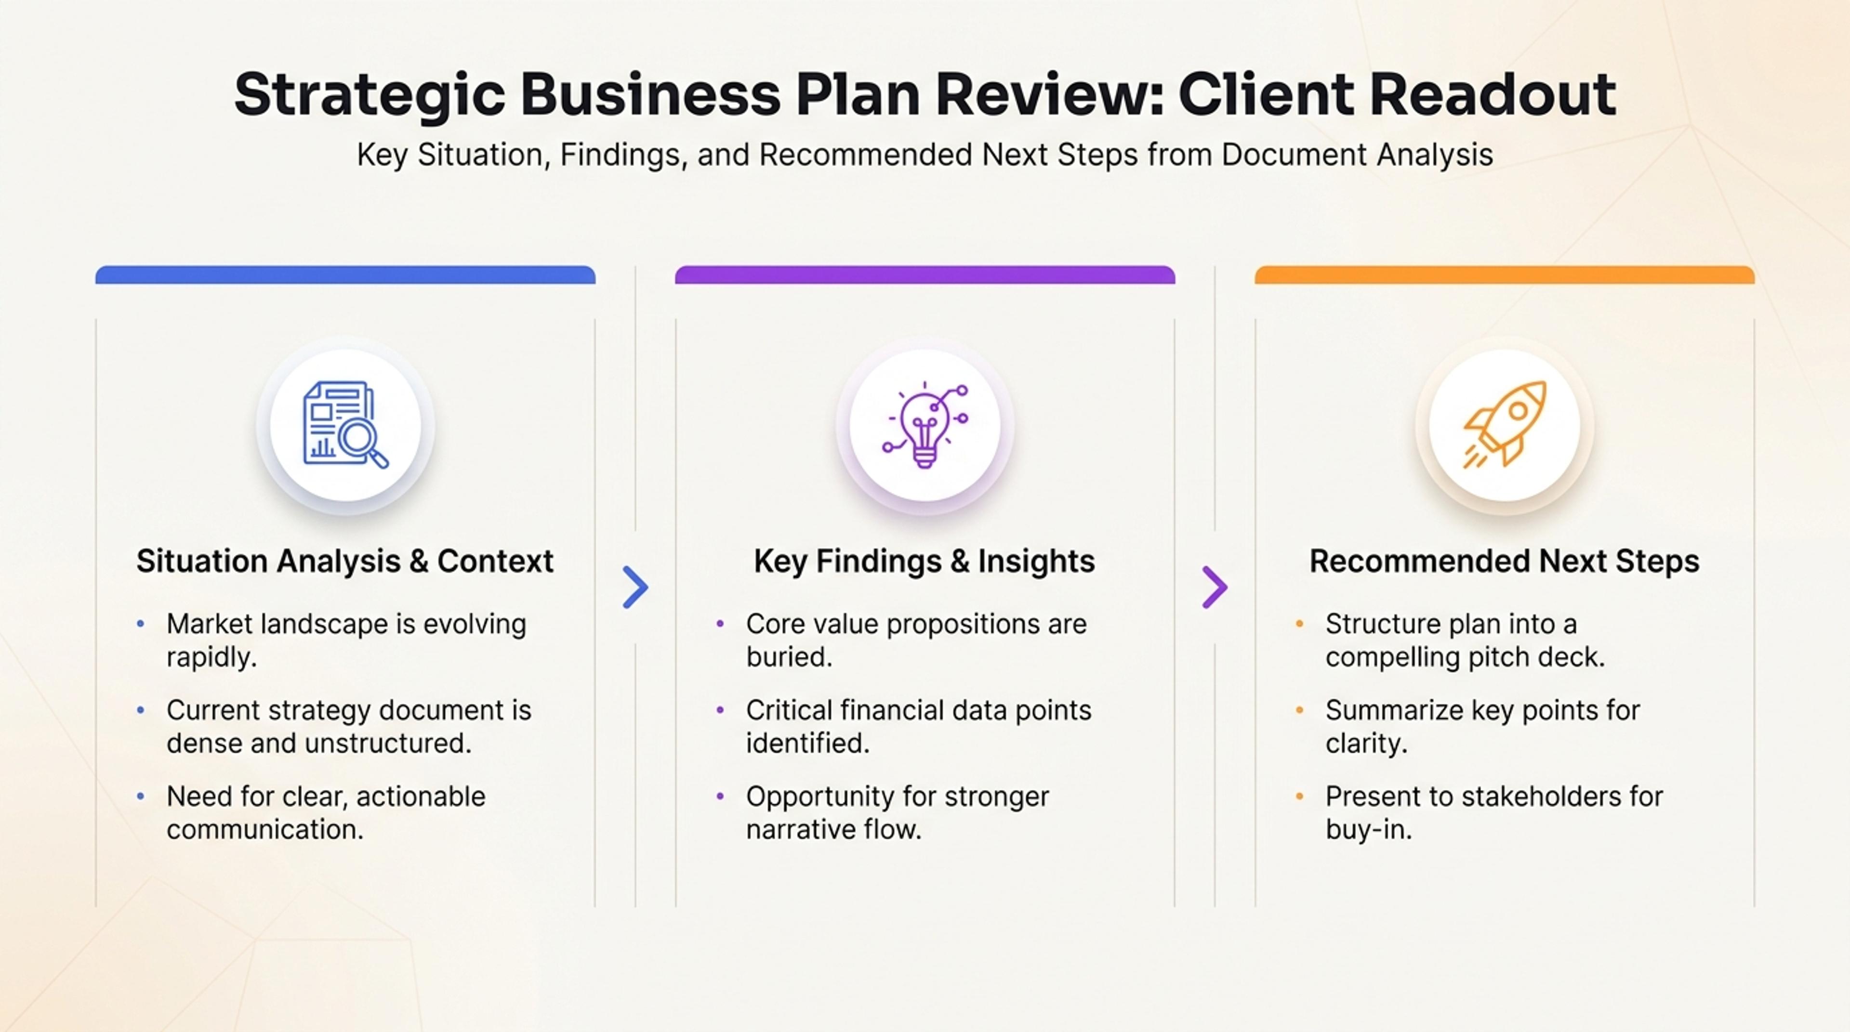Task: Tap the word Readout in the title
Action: [x=1494, y=93]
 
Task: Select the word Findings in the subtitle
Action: [x=620, y=155]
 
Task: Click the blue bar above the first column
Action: [x=345, y=275]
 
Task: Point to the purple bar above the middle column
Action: [x=925, y=275]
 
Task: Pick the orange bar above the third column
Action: [x=1505, y=275]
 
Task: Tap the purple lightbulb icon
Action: [x=925, y=425]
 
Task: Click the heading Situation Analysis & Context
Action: [x=345, y=561]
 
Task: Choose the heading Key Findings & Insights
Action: [x=925, y=561]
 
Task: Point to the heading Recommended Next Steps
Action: [x=1505, y=561]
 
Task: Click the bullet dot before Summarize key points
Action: [x=1300, y=710]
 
